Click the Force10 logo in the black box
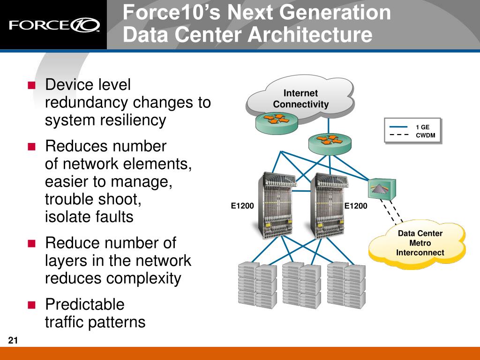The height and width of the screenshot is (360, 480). coord(54,25)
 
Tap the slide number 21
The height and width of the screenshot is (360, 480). coord(13,340)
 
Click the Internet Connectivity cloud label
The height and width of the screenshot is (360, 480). coord(300,98)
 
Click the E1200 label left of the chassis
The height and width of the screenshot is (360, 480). coord(242,206)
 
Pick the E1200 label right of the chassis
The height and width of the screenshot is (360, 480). coord(356,206)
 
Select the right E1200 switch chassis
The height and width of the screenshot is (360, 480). coord(329,206)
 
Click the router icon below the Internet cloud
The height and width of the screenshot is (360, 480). coord(330,144)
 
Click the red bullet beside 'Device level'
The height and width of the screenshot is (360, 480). coord(31,85)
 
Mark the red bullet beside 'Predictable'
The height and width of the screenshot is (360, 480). coord(31,305)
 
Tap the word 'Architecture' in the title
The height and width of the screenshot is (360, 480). coord(310,34)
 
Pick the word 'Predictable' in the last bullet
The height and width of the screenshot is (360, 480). coord(85,304)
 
